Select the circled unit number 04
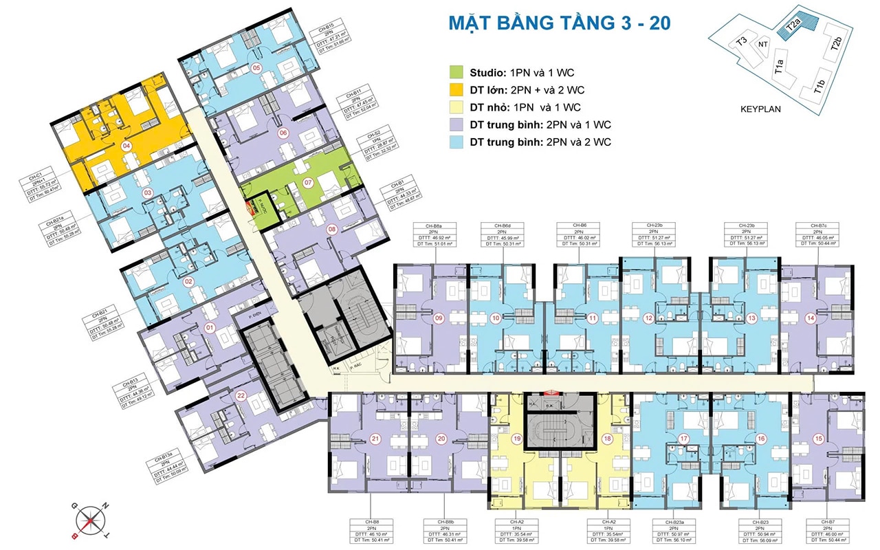click(x=126, y=146)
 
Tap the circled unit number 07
click(x=308, y=183)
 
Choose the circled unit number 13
click(x=751, y=318)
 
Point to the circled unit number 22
click(x=241, y=395)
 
